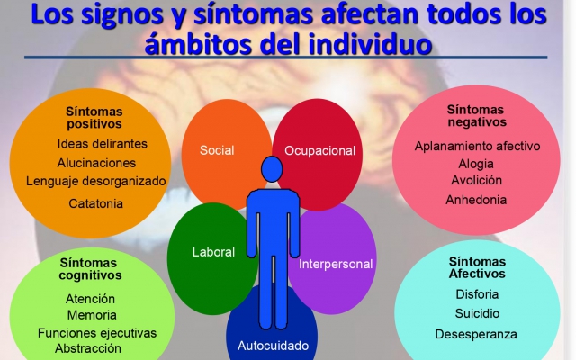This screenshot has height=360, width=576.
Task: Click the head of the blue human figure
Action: pos(272,169)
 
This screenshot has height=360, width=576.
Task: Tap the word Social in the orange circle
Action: pos(217,150)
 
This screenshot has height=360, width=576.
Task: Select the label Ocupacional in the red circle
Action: pos(320,150)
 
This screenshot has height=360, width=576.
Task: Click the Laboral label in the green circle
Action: pos(214,252)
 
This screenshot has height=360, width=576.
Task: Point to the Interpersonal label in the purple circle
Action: pos(336,264)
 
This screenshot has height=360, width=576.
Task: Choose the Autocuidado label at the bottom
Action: pos(274,346)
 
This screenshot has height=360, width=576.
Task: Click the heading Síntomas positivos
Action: pos(94,118)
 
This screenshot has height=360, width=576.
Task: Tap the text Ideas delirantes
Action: pos(102,144)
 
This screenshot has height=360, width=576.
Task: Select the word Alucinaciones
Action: pos(96,163)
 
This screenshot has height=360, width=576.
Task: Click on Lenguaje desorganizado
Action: pos(96,181)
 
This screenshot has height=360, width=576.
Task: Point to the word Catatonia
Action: pos(96,203)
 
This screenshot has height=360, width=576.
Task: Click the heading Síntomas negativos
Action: pos(476,116)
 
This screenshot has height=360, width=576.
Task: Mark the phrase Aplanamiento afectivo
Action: pos(478,146)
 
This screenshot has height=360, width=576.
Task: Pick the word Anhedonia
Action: pos(476,200)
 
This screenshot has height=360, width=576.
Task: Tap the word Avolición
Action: pos(476,180)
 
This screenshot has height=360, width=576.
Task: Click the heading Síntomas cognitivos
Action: pos(90,269)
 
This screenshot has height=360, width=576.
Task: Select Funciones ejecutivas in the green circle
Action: pos(97,333)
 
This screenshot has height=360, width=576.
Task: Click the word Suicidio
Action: pos(477,313)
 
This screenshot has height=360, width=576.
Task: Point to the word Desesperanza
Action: pos(476,334)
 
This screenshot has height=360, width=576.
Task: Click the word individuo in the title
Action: pos(370,44)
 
